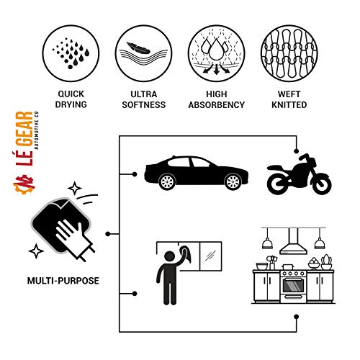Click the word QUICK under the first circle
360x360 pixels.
(71, 94)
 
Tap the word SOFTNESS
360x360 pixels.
(144, 105)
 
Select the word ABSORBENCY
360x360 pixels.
(217, 105)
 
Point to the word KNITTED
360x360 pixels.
(289, 105)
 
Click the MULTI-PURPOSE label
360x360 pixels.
(63, 281)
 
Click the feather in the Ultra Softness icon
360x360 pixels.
(138, 48)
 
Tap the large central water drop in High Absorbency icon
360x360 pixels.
(216, 50)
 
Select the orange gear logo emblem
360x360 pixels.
(24, 184)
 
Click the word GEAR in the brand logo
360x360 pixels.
(24, 129)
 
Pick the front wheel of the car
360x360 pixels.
(233, 181)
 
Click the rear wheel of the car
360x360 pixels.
(167, 181)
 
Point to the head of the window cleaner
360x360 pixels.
(170, 256)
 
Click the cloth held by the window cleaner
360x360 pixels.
(186, 254)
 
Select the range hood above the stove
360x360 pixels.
(293, 241)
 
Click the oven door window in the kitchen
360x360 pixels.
(293, 285)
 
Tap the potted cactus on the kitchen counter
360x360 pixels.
(326, 262)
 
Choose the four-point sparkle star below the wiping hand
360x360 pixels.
(36, 251)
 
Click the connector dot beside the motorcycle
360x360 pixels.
(297, 151)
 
